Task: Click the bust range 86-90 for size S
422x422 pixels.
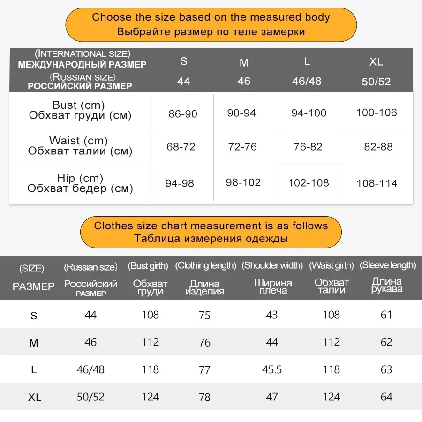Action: coord(183,114)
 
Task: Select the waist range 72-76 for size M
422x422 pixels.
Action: coord(242,147)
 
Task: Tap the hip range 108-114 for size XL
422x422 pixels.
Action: coord(377,183)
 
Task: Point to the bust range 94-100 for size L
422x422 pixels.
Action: coord(309,113)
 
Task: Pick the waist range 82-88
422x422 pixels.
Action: coord(378,147)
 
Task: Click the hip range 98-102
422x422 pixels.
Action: coord(243,182)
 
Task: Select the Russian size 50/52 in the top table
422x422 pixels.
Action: coord(376,82)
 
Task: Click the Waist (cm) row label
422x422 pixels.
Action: coord(78,141)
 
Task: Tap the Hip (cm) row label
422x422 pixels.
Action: coord(80,178)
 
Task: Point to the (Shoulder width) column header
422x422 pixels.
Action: coord(272,266)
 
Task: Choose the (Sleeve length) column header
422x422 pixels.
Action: coord(388,265)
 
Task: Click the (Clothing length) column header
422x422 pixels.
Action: coord(205,266)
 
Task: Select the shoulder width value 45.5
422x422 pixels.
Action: coord(272,370)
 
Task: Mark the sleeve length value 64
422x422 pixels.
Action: coord(386,397)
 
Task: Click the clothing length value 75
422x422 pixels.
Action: coord(204,315)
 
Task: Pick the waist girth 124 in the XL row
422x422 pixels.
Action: coord(331,397)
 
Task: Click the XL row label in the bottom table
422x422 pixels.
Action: coord(34,398)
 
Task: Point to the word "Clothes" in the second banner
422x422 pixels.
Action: coord(113,226)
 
